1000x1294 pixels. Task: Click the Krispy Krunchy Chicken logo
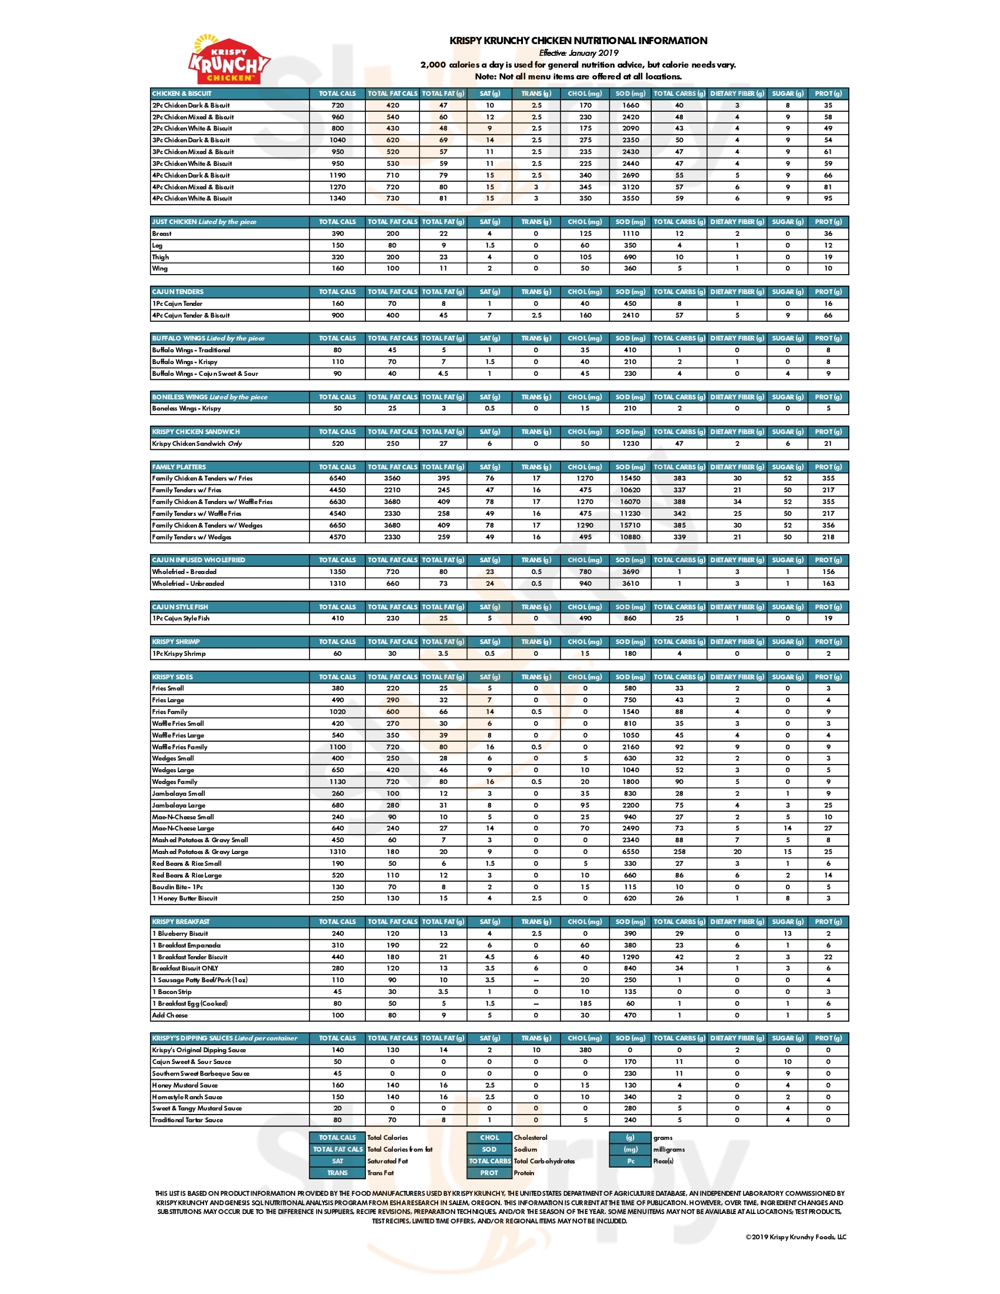tap(229, 60)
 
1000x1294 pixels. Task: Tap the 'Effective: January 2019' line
tap(578, 53)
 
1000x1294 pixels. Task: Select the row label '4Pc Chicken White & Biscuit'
tap(192, 198)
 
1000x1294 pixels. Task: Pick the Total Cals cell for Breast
tap(338, 234)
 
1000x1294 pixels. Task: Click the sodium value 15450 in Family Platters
tap(631, 478)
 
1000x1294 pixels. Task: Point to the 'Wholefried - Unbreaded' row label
tap(188, 583)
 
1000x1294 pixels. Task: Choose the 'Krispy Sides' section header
tap(172, 676)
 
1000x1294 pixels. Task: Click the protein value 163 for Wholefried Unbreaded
tap(828, 583)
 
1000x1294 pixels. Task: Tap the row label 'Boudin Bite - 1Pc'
tap(177, 887)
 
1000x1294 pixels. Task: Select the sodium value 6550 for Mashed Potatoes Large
tap(631, 852)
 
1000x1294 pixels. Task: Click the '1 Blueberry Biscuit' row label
tap(180, 933)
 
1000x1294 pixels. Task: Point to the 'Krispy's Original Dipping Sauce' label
tap(198, 1050)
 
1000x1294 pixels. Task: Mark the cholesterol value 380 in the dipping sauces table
tap(585, 1050)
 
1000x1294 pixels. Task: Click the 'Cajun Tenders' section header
tap(178, 292)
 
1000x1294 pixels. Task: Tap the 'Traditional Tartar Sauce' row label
tap(187, 1120)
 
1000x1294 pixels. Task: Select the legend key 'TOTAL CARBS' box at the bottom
tap(489, 1160)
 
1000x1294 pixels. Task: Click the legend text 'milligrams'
tap(669, 1149)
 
